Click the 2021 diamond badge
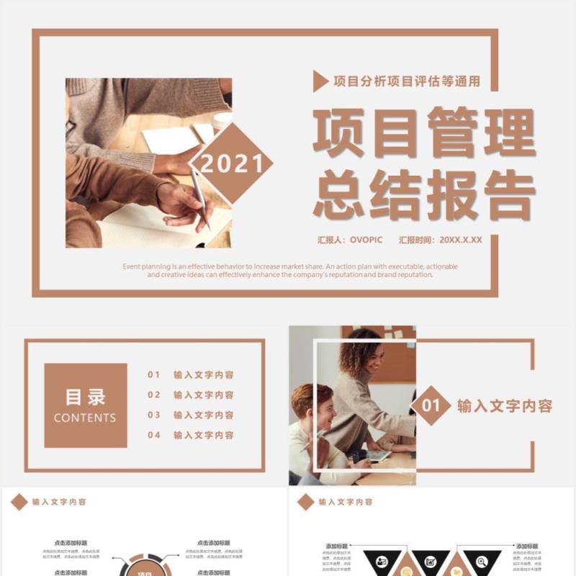click(x=232, y=163)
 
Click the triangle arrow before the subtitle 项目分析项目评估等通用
click(x=319, y=82)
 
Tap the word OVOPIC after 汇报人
click(x=366, y=240)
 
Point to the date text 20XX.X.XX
click(x=461, y=240)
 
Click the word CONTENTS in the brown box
click(x=85, y=418)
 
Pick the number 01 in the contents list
click(x=154, y=375)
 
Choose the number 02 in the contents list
click(x=154, y=395)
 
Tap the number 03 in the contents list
click(x=154, y=415)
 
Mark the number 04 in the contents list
click(x=154, y=436)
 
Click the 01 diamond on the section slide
click(x=431, y=406)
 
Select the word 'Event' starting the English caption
click(x=132, y=266)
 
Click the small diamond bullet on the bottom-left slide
click(x=19, y=502)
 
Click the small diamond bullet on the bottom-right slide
click(x=306, y=502)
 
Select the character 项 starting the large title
click(x=338, y=133)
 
